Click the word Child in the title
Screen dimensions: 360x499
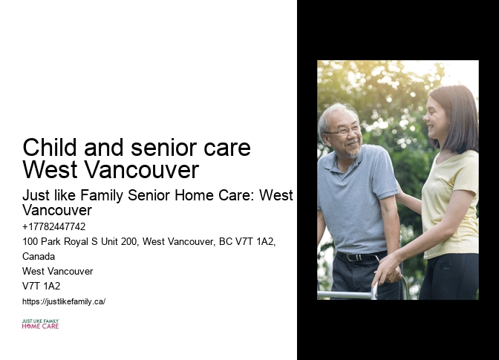tap(47, 147)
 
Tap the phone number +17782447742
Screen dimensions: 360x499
tap(54, 227)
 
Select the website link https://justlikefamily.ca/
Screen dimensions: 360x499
tap(64, 301)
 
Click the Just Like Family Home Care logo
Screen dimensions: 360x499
tap(40, 324)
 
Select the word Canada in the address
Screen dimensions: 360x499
tap(39, 256)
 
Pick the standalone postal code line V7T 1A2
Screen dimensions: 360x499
tap(42, 286)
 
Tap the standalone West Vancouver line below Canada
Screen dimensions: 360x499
tap(58, 271)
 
